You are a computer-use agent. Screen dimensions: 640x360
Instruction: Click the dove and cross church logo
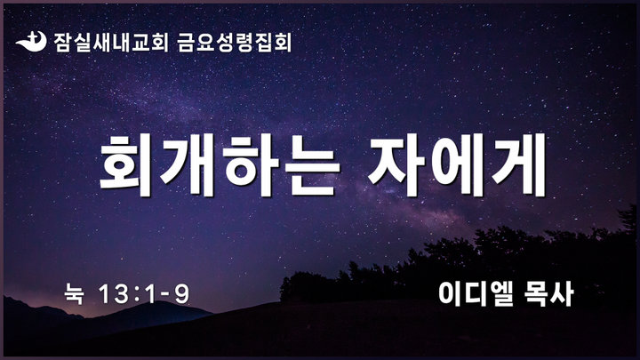31,42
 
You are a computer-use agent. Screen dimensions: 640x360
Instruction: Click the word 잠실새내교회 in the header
110,43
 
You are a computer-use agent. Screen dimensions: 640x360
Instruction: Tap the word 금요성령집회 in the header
235,43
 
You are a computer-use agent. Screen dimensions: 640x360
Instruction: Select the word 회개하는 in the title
220,165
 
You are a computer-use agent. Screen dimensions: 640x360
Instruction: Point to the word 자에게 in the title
457,165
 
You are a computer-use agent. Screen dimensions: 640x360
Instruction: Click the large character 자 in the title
396,165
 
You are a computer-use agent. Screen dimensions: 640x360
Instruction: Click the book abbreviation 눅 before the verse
74,294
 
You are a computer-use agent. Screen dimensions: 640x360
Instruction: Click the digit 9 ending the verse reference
182,294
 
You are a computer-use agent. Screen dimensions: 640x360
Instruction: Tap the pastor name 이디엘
476,294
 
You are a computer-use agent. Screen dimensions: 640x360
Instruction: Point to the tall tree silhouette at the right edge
629,220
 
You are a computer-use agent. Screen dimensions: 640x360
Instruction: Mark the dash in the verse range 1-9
165,295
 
